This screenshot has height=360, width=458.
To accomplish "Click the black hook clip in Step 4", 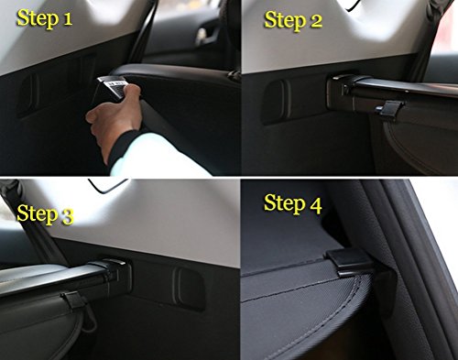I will click(x=354, y=264).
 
